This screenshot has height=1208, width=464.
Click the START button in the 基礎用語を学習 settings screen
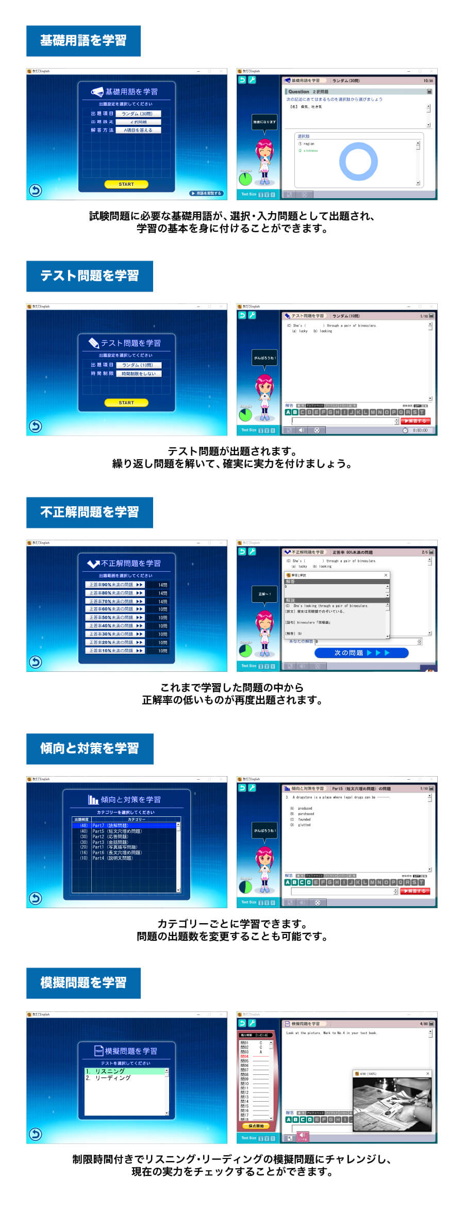point(126,184)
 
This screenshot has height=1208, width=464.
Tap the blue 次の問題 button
point(361,653)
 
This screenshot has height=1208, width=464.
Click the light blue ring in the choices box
point(358,162)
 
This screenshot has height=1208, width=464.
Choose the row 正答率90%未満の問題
point(114,585)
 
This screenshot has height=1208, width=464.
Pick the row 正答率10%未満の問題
point(114,651)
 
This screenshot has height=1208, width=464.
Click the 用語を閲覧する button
point(206,194)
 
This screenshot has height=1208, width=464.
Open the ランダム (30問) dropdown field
point(138,114)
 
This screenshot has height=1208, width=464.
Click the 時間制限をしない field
point(138,374)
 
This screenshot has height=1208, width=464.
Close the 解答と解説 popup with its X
point(386,575)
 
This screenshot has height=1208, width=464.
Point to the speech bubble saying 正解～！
point(264,594)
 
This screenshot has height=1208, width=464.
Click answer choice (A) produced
point(304,809)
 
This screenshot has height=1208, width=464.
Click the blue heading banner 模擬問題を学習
point(84,983)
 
